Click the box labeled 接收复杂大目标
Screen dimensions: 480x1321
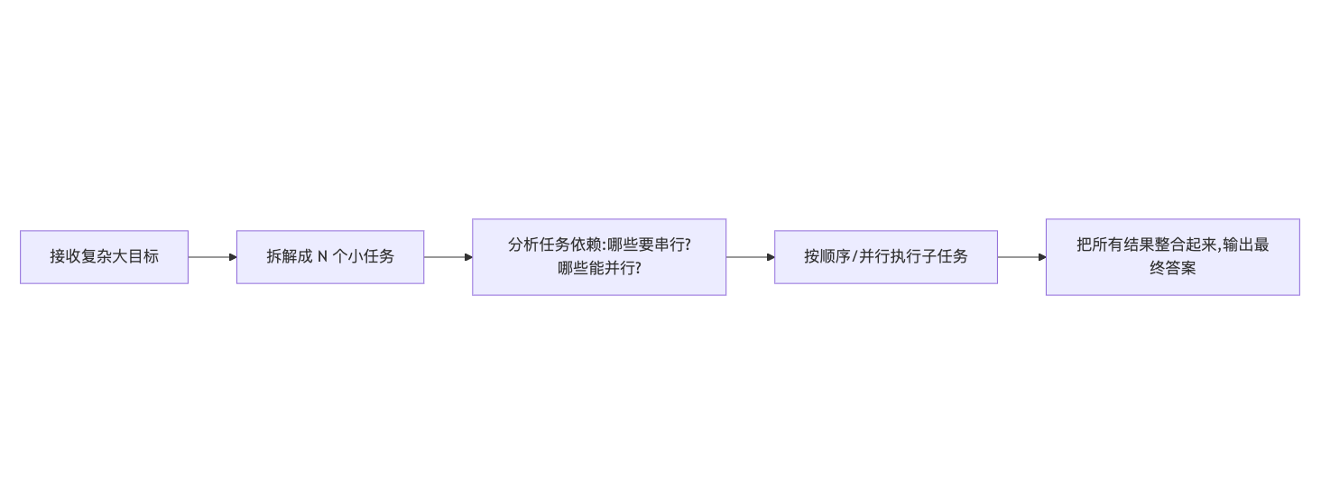point(104,257)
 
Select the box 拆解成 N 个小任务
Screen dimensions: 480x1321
point(330,257)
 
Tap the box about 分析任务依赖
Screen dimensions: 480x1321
point(599,257)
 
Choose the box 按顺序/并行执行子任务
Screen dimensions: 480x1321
point(886,257)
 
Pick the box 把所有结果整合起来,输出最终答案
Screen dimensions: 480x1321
point(1173,257)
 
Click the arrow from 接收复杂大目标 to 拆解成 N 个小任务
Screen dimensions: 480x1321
point(212,257)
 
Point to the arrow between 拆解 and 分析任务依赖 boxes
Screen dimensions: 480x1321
point(448,257)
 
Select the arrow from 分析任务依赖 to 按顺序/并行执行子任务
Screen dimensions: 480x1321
point(750,257)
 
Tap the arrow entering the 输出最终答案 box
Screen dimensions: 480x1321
point(1021,257)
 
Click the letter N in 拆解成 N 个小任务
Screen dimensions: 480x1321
point(323,256)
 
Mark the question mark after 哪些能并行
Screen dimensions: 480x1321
point(638,268)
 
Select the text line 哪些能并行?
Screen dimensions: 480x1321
point(599,268)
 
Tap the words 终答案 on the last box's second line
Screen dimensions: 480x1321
point(1173,268)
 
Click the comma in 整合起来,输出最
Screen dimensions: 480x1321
point(1219,247)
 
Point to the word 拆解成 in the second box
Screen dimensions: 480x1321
point(289,256)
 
